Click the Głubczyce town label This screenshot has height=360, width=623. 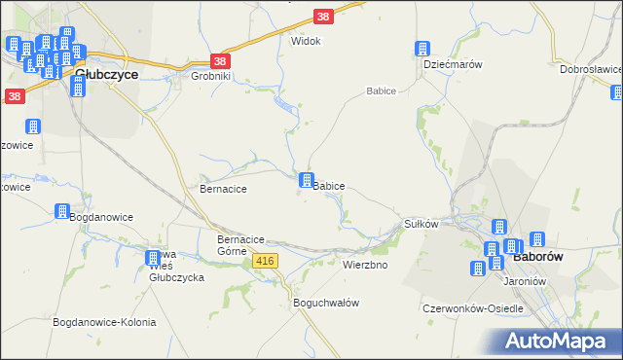click(107, 73)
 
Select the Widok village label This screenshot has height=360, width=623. click(306, 42)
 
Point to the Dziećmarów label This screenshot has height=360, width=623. click(454, 63)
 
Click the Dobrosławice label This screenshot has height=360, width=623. click(590, 69)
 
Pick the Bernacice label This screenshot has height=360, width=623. click(223, 188)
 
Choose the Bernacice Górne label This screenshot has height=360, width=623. click(240, 245)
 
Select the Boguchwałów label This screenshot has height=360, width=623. click(326, 303)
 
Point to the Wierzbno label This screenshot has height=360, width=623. click(365, 265)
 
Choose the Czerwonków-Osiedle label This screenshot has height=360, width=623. click(473, 308)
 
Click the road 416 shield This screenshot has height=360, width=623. click(266, 261)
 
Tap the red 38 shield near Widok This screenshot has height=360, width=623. click(324, 17)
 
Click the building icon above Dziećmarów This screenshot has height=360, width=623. click(422, 49)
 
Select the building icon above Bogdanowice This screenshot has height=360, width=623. click(61, 211)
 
